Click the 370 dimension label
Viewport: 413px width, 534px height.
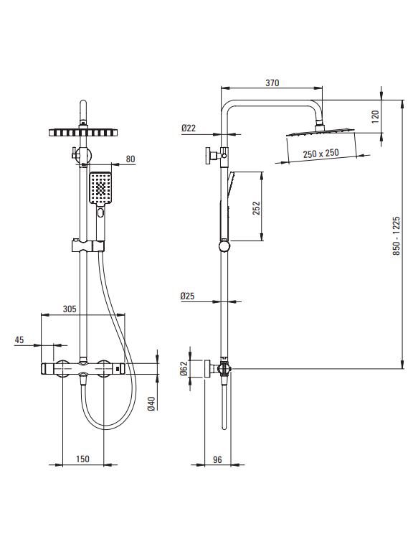[272, 83]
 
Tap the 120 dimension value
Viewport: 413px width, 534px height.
[375, 116]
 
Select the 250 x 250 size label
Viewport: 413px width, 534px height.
[321, 154]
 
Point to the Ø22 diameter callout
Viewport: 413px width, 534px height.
[189, 128]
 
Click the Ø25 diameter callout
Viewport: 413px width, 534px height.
[187, 296]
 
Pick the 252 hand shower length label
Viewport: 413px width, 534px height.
[256, 208]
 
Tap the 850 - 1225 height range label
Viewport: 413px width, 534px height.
[397, 236]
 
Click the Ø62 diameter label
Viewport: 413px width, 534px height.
[184, 368]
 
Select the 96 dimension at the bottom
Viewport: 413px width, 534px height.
[217, 460]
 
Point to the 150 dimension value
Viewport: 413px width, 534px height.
[82, 459]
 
